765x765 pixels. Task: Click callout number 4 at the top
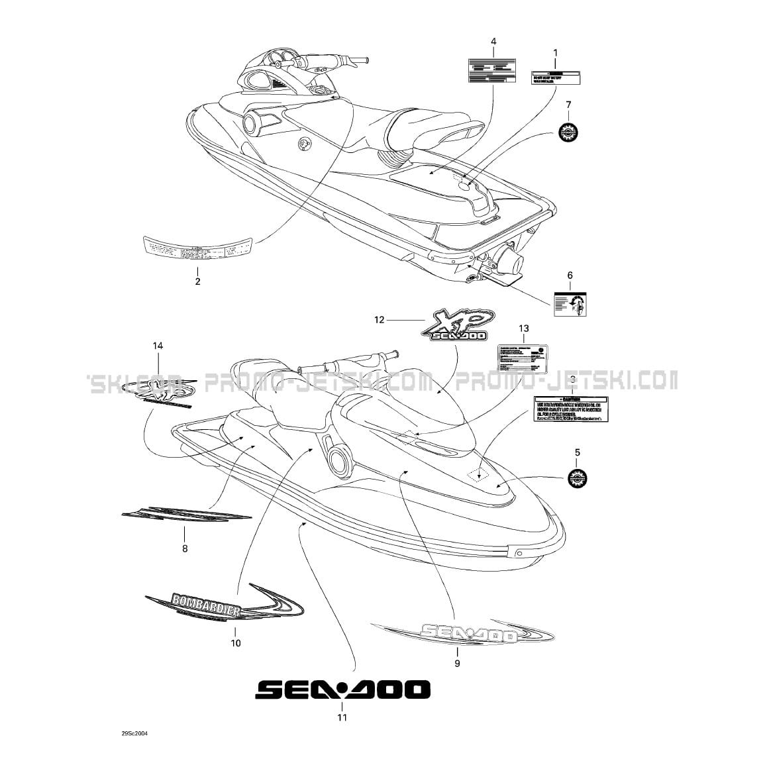pos(493,42)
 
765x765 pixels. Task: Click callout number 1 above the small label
pos(555,52)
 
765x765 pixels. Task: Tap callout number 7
pos(568,105)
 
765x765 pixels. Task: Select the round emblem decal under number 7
pos(568,132)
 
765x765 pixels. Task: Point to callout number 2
pos(197,281)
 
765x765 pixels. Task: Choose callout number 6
pos(570,276)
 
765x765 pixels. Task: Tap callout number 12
pos(379,320)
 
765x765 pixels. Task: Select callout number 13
pos(524,329)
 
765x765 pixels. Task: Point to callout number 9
pos(456,662)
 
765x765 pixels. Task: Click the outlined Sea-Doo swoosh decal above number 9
pos(464,633)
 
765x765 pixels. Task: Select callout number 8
pos(185,548)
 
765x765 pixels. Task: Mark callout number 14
pos(158,346)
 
